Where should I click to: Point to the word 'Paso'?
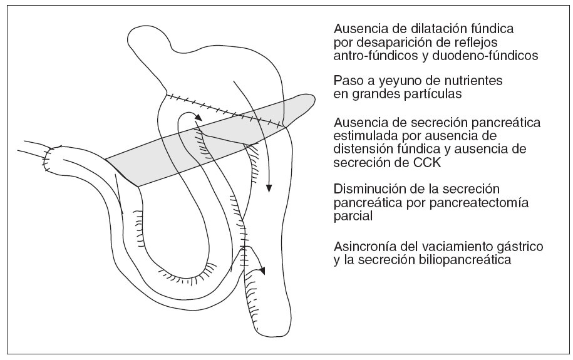pos(349,81)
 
